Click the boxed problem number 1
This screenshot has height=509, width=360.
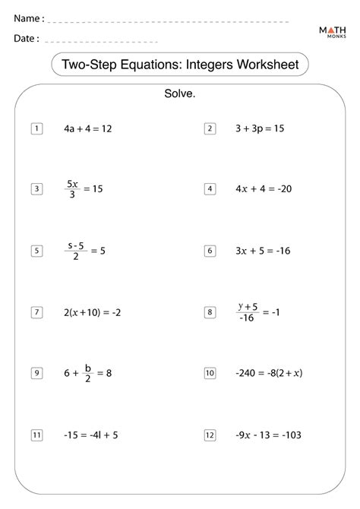pos(36,128)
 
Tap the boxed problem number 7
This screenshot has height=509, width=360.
pos(36,311)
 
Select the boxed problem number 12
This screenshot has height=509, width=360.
pos(210,435)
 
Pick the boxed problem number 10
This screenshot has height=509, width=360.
pos(210,373)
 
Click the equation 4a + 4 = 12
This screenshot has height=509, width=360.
pos(88,128)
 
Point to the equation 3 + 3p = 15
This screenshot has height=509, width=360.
pos(260,128)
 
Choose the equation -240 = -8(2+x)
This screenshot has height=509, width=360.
pos(269,373)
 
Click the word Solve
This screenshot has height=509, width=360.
pos(180,94)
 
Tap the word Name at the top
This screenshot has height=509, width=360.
pos(26,17)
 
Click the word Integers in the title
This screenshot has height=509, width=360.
pos(194,65)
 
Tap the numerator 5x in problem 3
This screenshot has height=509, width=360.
pos(72,183)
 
